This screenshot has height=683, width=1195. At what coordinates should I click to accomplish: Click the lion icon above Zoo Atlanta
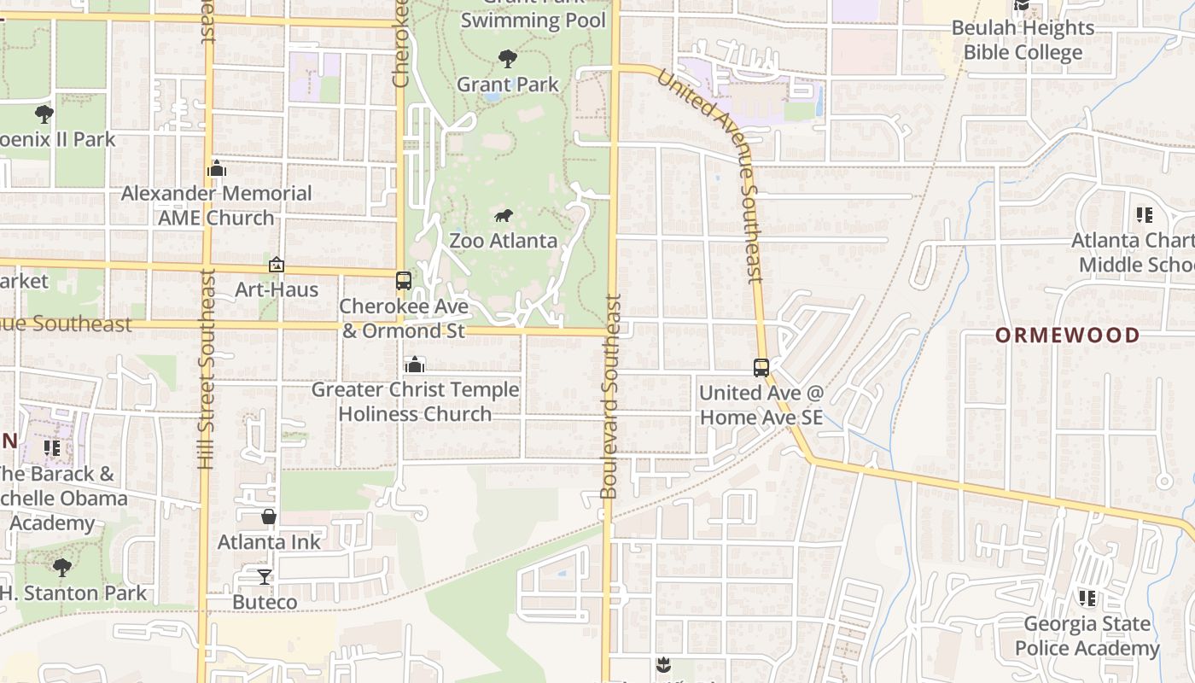click(x=504, y=215)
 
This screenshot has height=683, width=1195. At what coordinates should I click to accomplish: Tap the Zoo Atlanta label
click(x=503, y=241)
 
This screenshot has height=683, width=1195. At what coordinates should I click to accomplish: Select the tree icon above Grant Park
click(x=508, y=59)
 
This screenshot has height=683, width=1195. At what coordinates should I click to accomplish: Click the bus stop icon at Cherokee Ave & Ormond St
click(x=403, y=281)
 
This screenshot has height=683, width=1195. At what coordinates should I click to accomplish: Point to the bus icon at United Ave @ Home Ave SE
click(x=761, y=368)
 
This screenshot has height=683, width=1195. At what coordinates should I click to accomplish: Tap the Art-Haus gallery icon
click(x=276, y=266)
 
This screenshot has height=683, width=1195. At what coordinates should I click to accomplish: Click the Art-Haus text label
click(x=277, y=289)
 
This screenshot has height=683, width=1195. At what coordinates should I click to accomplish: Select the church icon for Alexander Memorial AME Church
click(x=217, y=169)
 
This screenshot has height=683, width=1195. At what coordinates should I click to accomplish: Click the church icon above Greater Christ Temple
click(x=415, y=365)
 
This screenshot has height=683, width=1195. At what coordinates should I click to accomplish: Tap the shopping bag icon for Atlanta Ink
click(x=269, y=517)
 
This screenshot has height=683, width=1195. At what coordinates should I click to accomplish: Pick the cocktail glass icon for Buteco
click(x=265, y=577)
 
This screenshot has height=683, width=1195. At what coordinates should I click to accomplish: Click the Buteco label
click(x=265, y=602)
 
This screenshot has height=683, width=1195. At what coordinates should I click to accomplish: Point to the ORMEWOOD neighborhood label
click(x=1067, y=335)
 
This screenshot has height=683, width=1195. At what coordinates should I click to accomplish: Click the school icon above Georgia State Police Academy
click(x=1087, y=598)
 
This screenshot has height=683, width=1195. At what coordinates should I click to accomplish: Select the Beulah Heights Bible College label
click(x=1023, y=40)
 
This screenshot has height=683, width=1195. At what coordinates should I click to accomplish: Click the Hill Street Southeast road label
click(x=206, y=369)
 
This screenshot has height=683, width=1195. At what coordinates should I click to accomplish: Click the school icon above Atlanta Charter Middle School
click(x=1145, y=215)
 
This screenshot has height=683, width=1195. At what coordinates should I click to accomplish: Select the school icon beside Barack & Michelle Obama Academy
click(x=52, y=447)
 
